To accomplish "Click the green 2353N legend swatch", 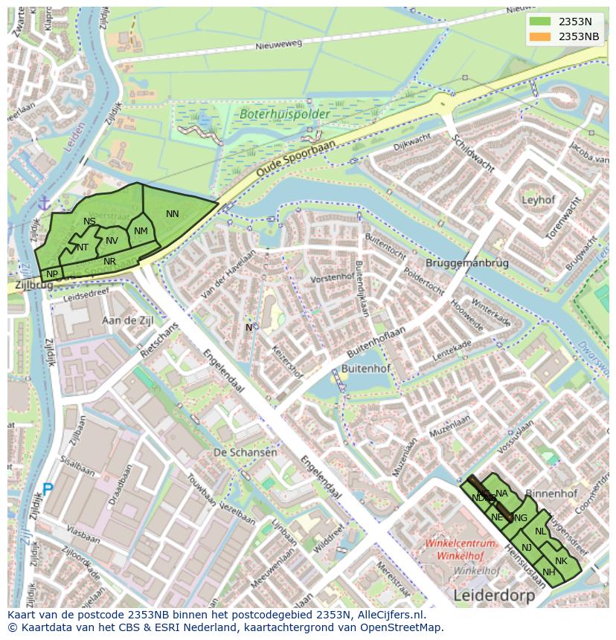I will pyautogui.click(x=541, y=22).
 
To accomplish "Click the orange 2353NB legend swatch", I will pyautogui.click(x=541, y=36).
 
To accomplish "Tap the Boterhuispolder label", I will pyautogui.click(x=274, y=115).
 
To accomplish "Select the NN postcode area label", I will pyautogui.click(x=173, y=214).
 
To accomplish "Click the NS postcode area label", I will pyautogui.click(x=89, y=222).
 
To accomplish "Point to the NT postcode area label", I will pyautogui.click(x=82, y=248).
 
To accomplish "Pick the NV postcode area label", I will pyautogui.click(x=112, y=240).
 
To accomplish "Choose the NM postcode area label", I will pyautogui.click(x=141, y=231).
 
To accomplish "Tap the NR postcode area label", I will pyautogui.click(x=109, y=262).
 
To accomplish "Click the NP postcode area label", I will pyautogui.click(x=52, y=274).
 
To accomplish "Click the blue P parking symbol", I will pyautogui.click(x=48, y=490).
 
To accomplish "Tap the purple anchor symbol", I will pyautogui.click(x=44, y=202).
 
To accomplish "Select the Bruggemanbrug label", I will pyautogui.click(x=467, y=263).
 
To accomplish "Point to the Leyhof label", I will pyautogui.click(x=539, y=201).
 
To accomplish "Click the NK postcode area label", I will pyautogui.click(x=561, y=561).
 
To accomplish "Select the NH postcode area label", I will pyautogui.click(x=549, y=572).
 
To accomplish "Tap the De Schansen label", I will pyautogui.click(x=245, y=452).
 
